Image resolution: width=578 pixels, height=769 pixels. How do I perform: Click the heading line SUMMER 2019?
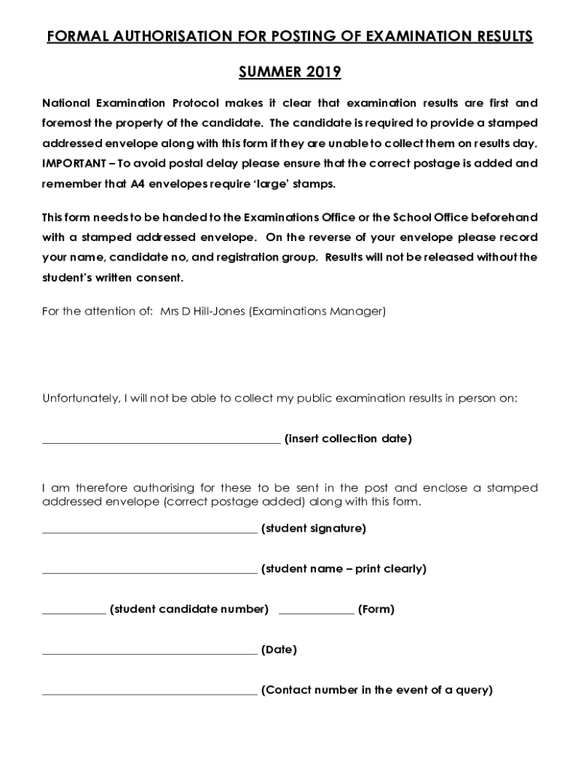pyautogui.click(x=290, y=72)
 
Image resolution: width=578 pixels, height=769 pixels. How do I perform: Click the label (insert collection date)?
pyautogui.click(x=348, y=439)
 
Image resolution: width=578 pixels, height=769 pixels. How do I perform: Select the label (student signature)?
pyautogui.click(x=313, y=529)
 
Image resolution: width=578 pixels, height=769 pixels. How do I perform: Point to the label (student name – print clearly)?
pyautogui.click(x=343, y=569)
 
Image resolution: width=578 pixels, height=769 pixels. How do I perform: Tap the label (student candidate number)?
pyautogui.click(x=189, y=609)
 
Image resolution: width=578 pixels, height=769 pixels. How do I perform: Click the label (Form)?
pyautogui.click(x=376, y=609)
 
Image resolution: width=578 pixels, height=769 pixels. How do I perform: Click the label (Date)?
pyautogui.click(x=278, y=650)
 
